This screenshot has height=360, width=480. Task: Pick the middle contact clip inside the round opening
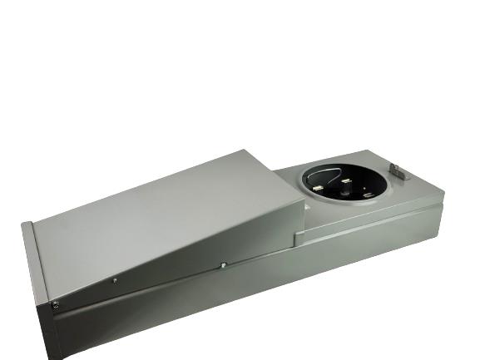click(344, 180)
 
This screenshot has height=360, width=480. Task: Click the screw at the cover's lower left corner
click(56, 304)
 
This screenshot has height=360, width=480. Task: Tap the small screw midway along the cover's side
click(115, 281)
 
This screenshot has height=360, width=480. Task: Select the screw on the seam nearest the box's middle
click(224, 265)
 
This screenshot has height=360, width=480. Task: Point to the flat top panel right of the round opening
click(408, 195)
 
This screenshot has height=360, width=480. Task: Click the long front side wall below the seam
click(208, 308)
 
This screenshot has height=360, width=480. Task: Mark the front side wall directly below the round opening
click(349, 249)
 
